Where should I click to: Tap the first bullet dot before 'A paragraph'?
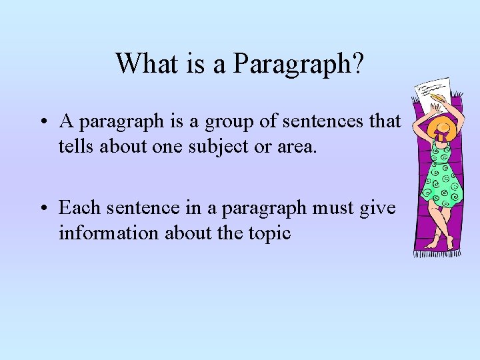(x=42, y=122)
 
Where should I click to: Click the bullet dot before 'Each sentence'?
(x=42, y=209)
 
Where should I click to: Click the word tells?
(x=75, y=146)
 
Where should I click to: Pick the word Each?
(x=79, y=208)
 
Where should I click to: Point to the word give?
(x=379, y=209)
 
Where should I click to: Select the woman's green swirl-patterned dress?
(x=441, y=177)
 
